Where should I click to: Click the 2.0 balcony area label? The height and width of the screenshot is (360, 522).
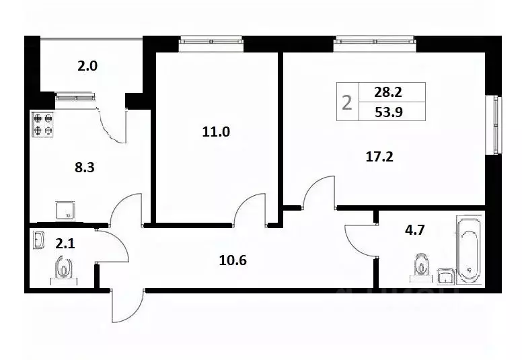coord(87,66)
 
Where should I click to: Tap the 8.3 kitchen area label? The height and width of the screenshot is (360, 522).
coord(85,168)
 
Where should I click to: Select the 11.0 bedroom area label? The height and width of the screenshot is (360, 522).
coord(216,132)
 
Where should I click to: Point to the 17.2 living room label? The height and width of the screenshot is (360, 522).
coord(379,157)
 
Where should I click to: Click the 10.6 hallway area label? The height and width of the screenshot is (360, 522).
coord(233,260)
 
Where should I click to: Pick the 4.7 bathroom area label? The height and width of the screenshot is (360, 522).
coord(414,230)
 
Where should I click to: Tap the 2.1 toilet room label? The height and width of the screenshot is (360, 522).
coord(65,244)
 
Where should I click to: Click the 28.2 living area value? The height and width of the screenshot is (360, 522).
coord(388,92)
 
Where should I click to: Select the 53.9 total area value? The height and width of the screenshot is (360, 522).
coord(389,112)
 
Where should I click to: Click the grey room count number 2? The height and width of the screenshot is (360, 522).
coord(347,102)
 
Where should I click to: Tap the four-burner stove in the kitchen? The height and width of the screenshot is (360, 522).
coord(43,124)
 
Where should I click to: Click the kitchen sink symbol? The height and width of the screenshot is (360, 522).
coord(65,211)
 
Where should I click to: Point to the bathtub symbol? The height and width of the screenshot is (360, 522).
coord(469,250)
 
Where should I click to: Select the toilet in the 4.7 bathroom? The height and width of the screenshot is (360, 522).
coord(421,265)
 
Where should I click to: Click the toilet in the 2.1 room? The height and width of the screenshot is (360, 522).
coord(63,269)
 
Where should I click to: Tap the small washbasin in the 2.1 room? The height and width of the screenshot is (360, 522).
coord(38,240)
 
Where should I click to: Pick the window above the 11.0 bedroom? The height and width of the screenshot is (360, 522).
coord(211,42)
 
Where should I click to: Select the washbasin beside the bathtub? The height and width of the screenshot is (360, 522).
coord(445,276)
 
